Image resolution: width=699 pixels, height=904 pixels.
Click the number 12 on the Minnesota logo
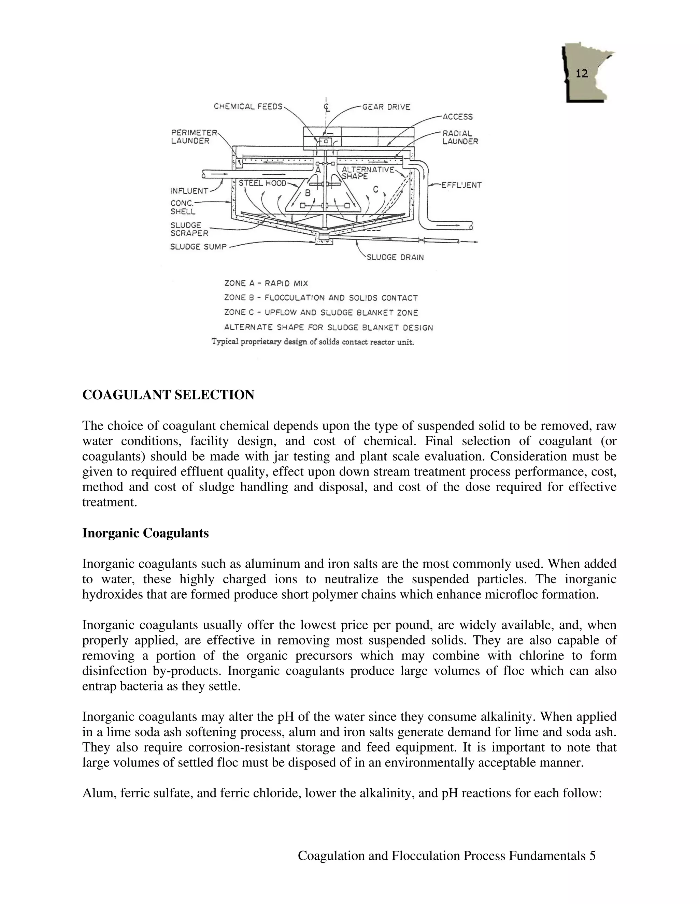(582, 74)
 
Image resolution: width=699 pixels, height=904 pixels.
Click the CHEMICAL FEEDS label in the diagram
(248, 107)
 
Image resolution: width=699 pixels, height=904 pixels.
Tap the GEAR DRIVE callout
(386, 107)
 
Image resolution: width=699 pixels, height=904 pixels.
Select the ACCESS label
(458, 117)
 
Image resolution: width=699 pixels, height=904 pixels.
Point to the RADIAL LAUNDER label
(460, 137)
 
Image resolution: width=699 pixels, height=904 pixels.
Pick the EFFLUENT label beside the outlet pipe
(461, 186)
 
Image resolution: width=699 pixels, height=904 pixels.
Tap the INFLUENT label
(189, 191)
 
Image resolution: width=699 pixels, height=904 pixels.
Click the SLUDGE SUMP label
(198, 247)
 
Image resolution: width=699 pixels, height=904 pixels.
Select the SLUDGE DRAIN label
(395, 258)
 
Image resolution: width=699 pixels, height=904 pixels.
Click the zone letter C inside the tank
(375, 190)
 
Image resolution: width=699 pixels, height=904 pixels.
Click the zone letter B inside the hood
(308, 193)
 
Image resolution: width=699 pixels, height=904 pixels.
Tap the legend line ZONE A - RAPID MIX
(266, 283)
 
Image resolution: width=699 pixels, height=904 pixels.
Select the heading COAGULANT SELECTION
(168, 395)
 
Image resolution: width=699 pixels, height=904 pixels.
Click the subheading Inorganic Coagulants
(145, 533)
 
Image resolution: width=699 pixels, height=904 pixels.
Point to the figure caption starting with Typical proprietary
(313, 342)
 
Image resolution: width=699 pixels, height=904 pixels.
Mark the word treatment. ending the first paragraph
(109, 502)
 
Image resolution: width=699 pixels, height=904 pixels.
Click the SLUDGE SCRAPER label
(189, 229)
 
